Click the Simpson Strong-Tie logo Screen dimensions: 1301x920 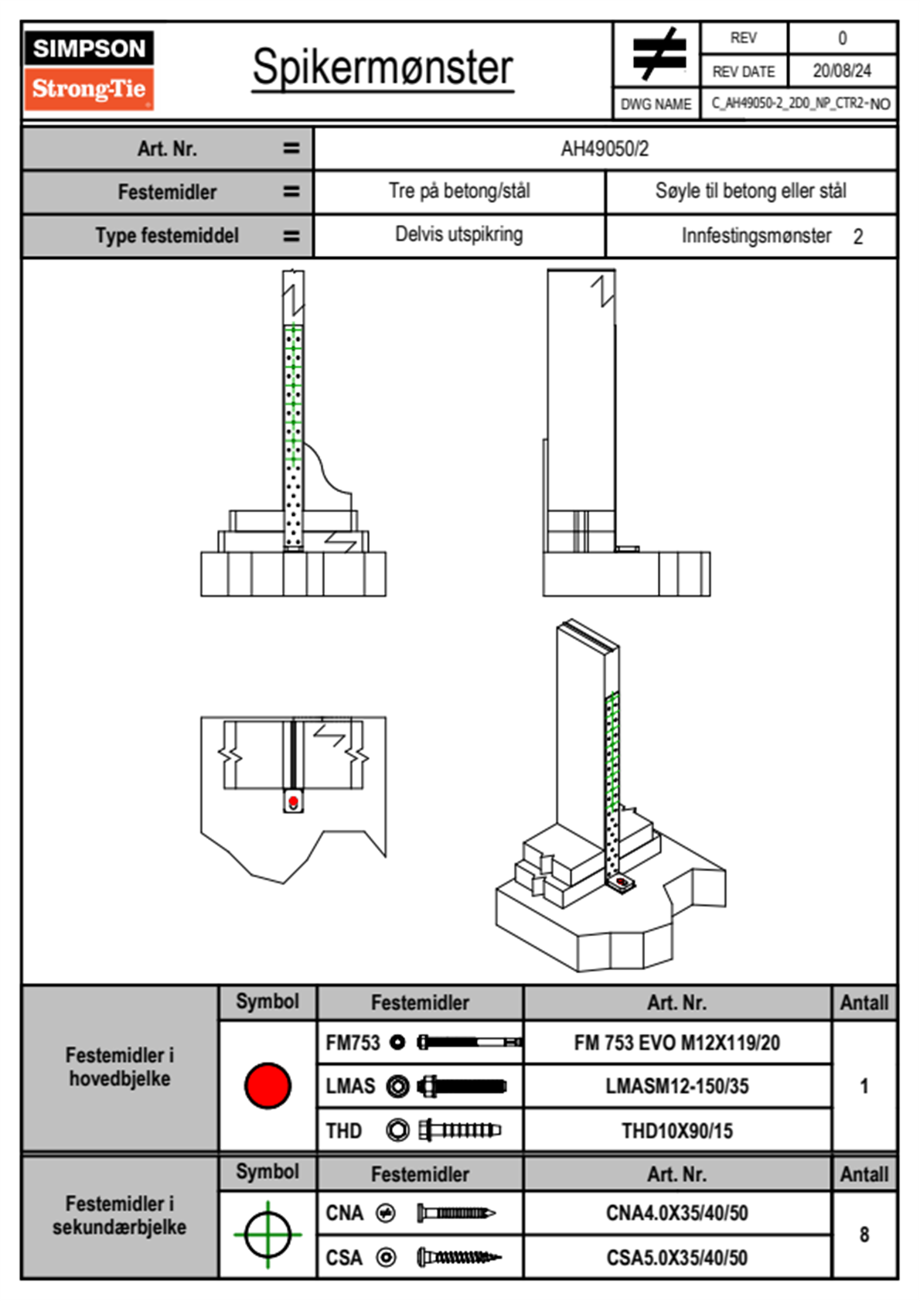(x=89, y=70)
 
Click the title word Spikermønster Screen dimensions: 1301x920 (x=382, y=67)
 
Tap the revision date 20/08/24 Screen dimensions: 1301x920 (x=841, y=71)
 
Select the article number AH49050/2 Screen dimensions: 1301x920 (x=605, y=149)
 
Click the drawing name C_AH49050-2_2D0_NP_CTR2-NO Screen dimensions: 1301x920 (x=799, y=104)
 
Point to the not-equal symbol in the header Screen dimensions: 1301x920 (x=657, y=54)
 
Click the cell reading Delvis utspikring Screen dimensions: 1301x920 (x=458, y=234)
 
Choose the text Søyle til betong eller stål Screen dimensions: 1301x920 (x=750, y=191)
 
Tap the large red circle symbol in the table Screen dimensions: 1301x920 (x=267, y=1085)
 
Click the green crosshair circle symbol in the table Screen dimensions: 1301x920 (x=267, y=1234)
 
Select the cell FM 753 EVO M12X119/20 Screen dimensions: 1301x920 (x=676, y=1043)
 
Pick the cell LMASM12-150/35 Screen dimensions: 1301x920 (x=676, y=1086)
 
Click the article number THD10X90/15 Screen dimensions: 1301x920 (x=676, y=1131)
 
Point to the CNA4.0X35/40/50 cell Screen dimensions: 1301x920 (x=676, y=1213)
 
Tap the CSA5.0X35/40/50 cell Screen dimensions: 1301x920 (x=676, y=1258)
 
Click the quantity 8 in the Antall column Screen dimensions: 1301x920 (x=864, y=1234)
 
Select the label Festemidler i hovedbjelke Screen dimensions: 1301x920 (x=119, y=1067)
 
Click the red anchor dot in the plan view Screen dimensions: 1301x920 (x=293, y=802)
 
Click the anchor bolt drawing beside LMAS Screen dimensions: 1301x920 (x=462, y=1086)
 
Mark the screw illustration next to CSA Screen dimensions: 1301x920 (x=458, y=1258)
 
